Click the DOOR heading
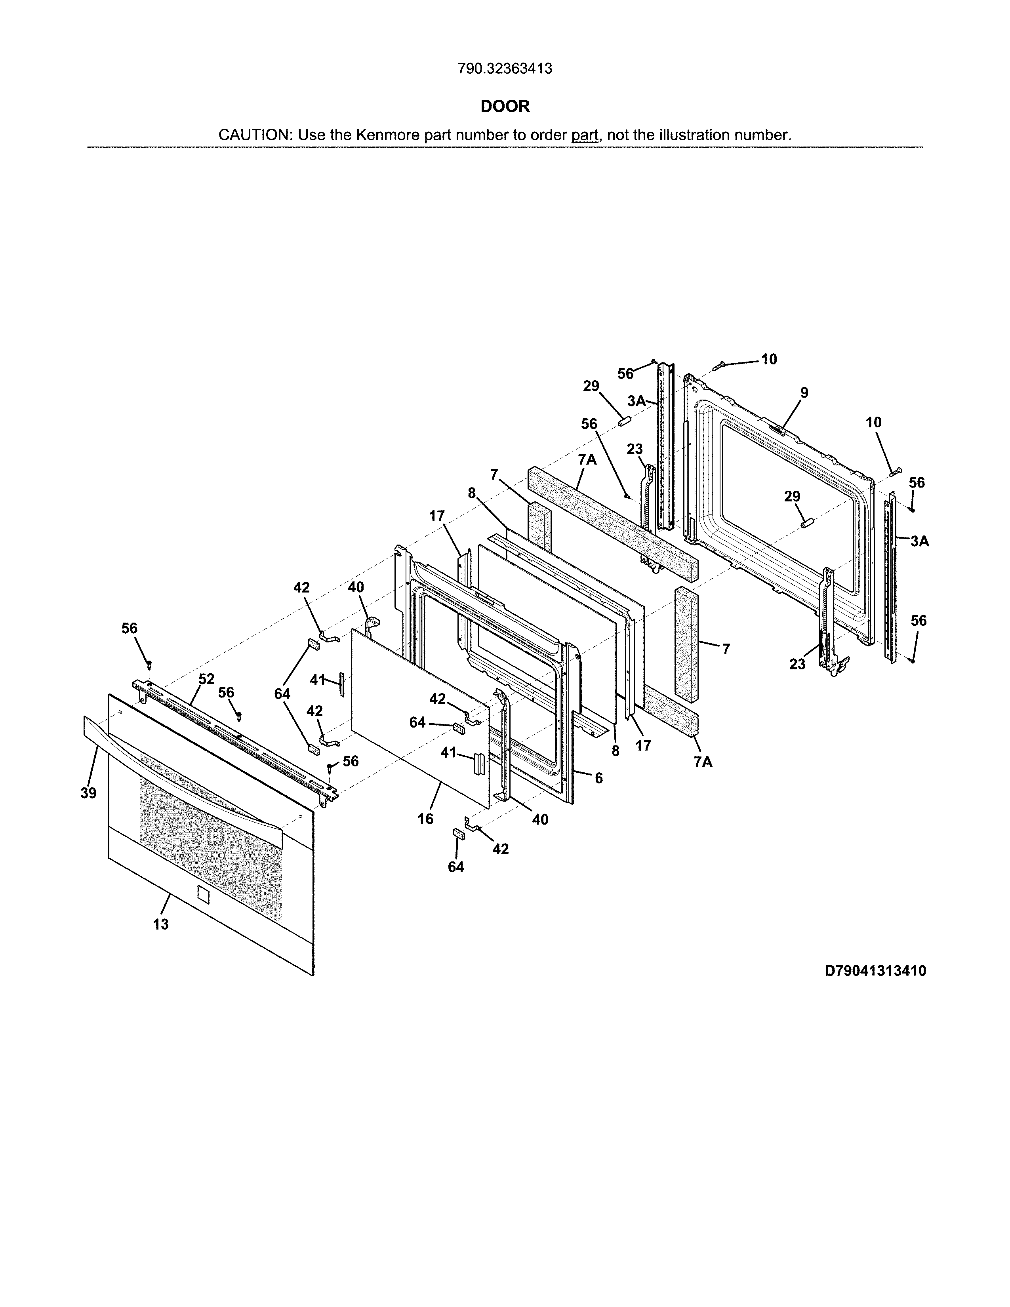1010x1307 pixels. coord(505,107)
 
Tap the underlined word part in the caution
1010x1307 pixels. coord(585,135)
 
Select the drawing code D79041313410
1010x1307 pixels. coord(875,971)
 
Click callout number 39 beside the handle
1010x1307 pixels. coord(89,793)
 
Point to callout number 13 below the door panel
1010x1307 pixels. coord(160,924)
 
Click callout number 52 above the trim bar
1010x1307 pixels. coord(206,678)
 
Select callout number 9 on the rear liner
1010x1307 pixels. coord(804,392)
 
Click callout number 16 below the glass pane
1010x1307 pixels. coord(425,819)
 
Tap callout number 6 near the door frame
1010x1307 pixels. coord(598,778)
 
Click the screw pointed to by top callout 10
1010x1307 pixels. coord(719,366)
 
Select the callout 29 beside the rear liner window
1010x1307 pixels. coord(792,496)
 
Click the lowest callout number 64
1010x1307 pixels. coord(456,867)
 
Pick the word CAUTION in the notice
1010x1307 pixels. coord(254,135)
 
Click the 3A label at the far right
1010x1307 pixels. coord(920,541)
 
